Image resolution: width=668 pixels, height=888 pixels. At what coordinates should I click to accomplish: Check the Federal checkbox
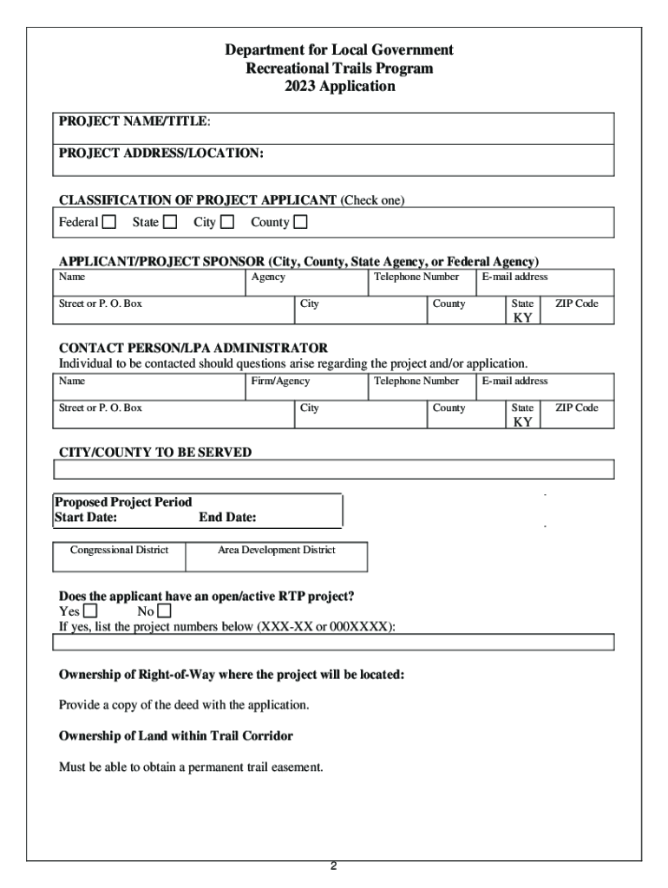[x=109, y=223]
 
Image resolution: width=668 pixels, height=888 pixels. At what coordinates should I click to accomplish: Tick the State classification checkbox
[x=170, y=223]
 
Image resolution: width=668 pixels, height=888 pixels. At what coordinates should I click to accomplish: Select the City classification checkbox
[x=227, y=223]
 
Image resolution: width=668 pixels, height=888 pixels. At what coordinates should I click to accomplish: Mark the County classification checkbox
[x=300, y=223]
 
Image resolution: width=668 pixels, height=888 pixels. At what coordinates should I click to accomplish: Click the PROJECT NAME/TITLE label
[x=134, y=121]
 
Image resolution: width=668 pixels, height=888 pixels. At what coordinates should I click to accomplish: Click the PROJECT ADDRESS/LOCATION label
[x=161, y=153]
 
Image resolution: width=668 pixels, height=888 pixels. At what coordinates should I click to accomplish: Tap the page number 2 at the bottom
[x=333, y=865]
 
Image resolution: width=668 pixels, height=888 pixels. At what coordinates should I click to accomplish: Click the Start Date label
[x=86, y=518]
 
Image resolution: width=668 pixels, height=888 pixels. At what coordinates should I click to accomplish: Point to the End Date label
[x=227, y=518]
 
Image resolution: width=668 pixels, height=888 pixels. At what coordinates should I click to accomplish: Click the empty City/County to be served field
[x=333, y=469]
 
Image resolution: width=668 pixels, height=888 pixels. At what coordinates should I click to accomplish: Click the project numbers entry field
[x=333, y=642]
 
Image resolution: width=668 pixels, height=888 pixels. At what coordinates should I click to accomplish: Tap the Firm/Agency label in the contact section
[x=280, y=382]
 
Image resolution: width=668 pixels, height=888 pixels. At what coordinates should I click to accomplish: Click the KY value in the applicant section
[x=522, y=318]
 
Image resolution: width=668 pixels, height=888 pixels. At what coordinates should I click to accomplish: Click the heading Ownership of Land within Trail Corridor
[x=175, y=736]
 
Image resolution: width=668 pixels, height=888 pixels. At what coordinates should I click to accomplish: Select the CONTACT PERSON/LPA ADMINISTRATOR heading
[x=193, y=349]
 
